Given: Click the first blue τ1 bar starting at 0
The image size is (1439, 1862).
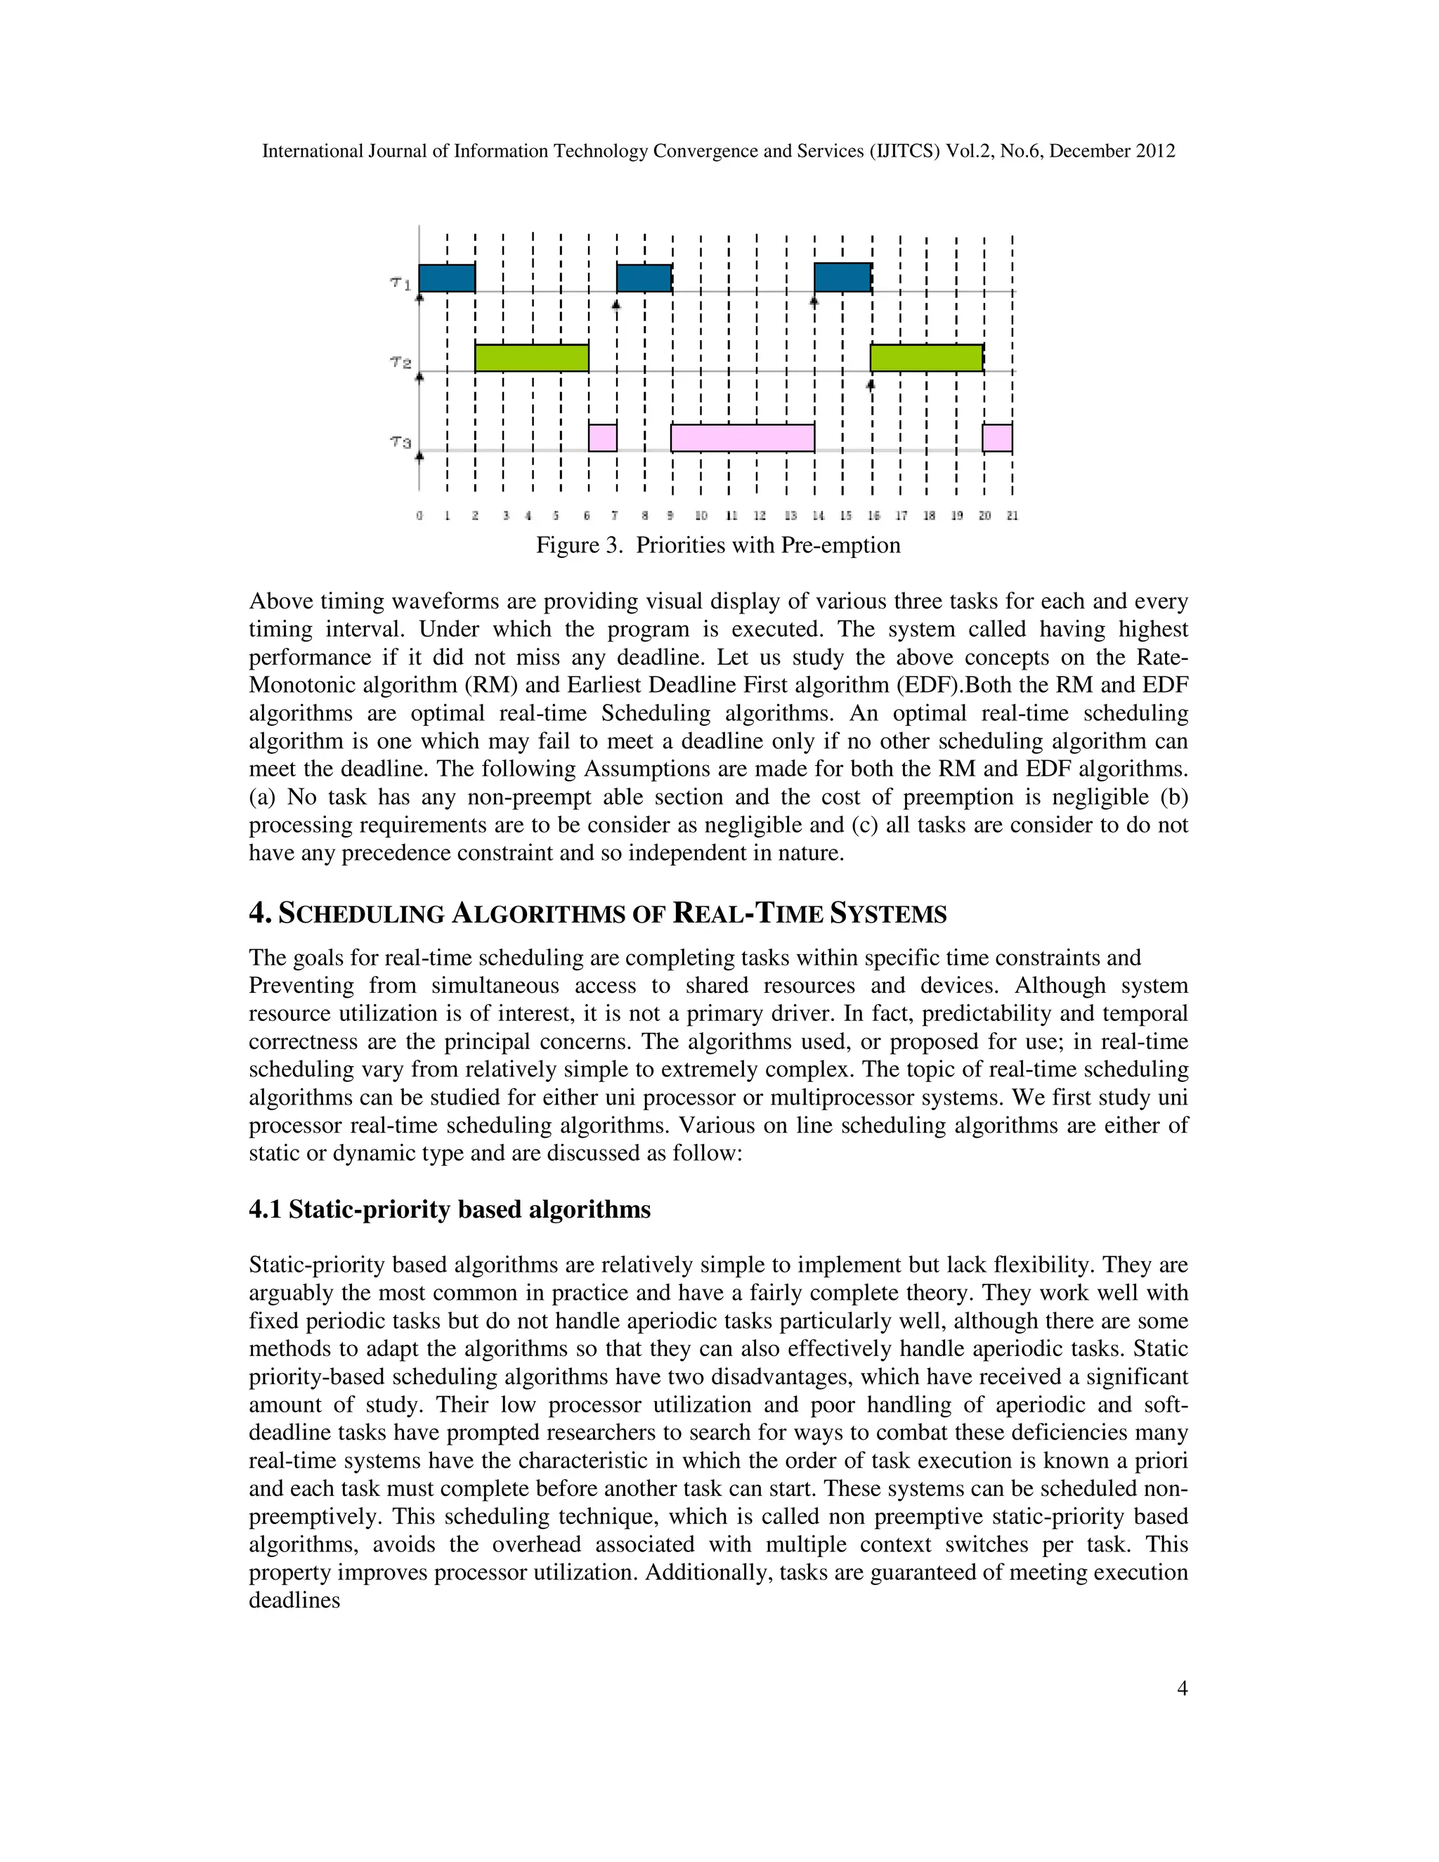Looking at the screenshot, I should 447,279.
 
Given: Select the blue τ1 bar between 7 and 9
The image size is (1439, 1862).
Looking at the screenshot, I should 644,279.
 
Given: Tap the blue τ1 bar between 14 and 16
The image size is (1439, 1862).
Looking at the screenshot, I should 842,279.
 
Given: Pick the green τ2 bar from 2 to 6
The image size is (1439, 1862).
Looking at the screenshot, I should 531,358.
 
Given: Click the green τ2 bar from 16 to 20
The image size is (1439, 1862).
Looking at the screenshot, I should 926,358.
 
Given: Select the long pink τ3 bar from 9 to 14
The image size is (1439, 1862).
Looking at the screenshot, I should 742,437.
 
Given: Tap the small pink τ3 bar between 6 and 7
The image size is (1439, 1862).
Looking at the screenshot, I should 603,437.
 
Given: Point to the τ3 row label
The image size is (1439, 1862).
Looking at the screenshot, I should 401,442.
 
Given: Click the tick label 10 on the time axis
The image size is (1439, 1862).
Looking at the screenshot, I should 701,516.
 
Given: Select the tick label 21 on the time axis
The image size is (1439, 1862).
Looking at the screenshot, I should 1012,516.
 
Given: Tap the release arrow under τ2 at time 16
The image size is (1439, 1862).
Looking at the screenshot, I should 871,385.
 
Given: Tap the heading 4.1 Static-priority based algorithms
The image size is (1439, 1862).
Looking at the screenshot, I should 449,1210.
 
